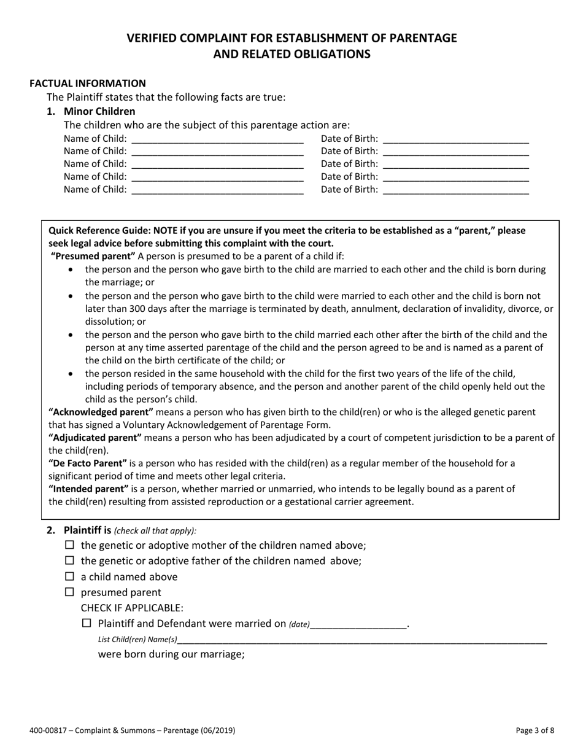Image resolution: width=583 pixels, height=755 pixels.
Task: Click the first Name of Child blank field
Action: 217,139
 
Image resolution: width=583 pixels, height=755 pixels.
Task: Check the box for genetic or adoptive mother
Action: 69,545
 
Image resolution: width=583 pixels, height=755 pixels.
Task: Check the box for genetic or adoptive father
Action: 69,560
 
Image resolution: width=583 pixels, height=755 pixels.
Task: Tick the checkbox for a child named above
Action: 69,576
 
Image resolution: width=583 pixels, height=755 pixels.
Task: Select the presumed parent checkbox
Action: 69,592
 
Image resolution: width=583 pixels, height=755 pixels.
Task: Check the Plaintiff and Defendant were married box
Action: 87,623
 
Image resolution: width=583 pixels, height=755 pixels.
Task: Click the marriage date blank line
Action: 359,625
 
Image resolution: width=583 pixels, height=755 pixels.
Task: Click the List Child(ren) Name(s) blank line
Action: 362,640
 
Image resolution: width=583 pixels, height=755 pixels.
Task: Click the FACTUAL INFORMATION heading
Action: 88,83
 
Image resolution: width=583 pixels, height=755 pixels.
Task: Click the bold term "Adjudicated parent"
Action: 95,437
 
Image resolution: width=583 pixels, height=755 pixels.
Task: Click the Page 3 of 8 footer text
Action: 535,730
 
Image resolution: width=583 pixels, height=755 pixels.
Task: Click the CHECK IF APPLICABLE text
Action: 132,608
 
